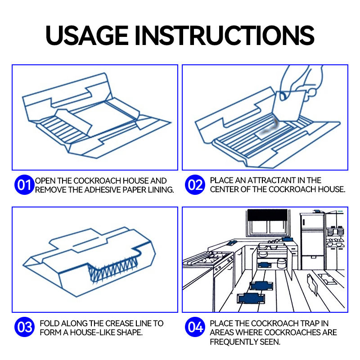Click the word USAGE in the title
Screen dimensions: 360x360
[85, 35]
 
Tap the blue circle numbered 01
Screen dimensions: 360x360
[25, 185]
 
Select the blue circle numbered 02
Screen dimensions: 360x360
[195, 185]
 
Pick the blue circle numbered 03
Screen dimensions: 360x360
[25, 328]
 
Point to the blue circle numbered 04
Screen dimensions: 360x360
[195, 328]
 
